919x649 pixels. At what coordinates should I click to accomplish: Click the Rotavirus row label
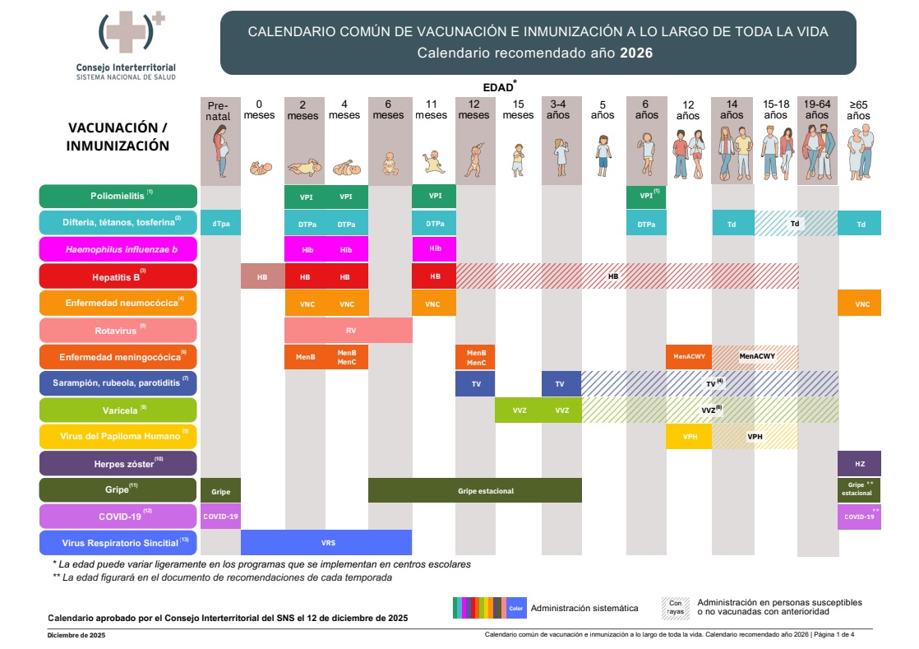[118, 330]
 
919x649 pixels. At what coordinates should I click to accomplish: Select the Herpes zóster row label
[118, 463]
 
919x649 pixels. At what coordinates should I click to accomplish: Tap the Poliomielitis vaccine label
[118, 197]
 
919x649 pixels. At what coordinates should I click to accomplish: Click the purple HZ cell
[859, 463]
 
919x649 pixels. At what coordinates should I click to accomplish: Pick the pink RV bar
[349, 330]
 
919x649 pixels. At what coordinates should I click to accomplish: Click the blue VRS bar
[326, 543]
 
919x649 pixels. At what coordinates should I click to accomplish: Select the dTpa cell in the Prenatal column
[220, 224]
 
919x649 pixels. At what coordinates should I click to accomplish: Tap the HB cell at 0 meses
[262, 276]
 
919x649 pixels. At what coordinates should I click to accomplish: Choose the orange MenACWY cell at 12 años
[689, 357]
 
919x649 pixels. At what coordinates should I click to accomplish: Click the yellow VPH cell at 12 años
[689, 437]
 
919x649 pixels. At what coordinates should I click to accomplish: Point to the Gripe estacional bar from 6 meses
[475, 490]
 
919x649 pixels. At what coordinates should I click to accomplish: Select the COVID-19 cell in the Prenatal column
[220, 517]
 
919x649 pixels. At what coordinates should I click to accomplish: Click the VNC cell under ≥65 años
[859, 304]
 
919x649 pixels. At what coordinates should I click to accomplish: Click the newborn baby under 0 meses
[261, 169]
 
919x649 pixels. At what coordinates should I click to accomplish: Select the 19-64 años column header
[817, 110]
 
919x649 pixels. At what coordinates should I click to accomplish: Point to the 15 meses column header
[518, 110]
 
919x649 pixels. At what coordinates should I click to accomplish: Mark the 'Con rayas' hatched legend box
[675, 608]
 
